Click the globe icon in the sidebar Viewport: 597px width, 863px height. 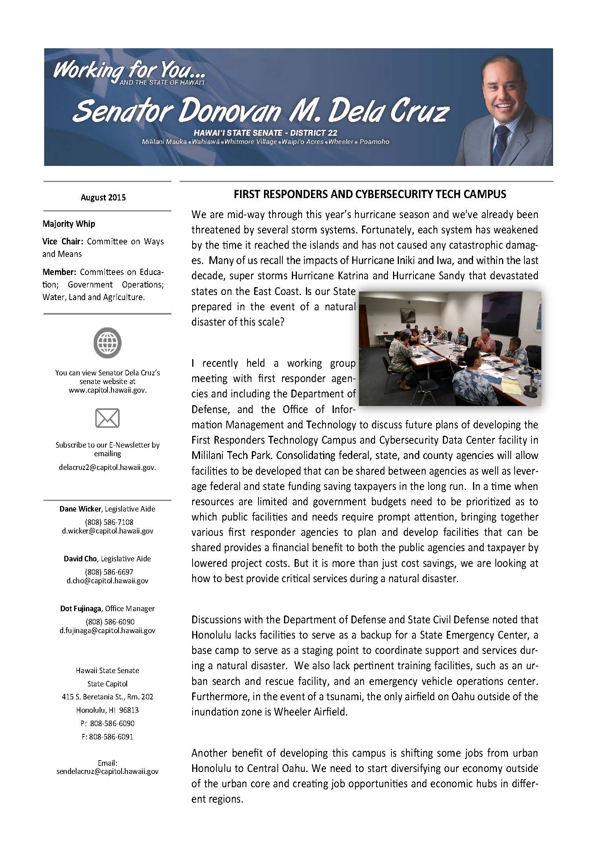[107, 343]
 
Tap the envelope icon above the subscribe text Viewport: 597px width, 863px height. [107, 418]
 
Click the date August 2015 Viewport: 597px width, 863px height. [103, 197]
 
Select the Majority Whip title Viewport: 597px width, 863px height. [69, 224]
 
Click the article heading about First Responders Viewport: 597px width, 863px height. [369, 194]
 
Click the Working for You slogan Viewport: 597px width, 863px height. [129, 71]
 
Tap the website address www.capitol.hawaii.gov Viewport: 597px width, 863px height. [107, 390]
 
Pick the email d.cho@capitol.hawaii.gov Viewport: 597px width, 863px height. [107, 581]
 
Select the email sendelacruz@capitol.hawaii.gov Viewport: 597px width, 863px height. [107, 771]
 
